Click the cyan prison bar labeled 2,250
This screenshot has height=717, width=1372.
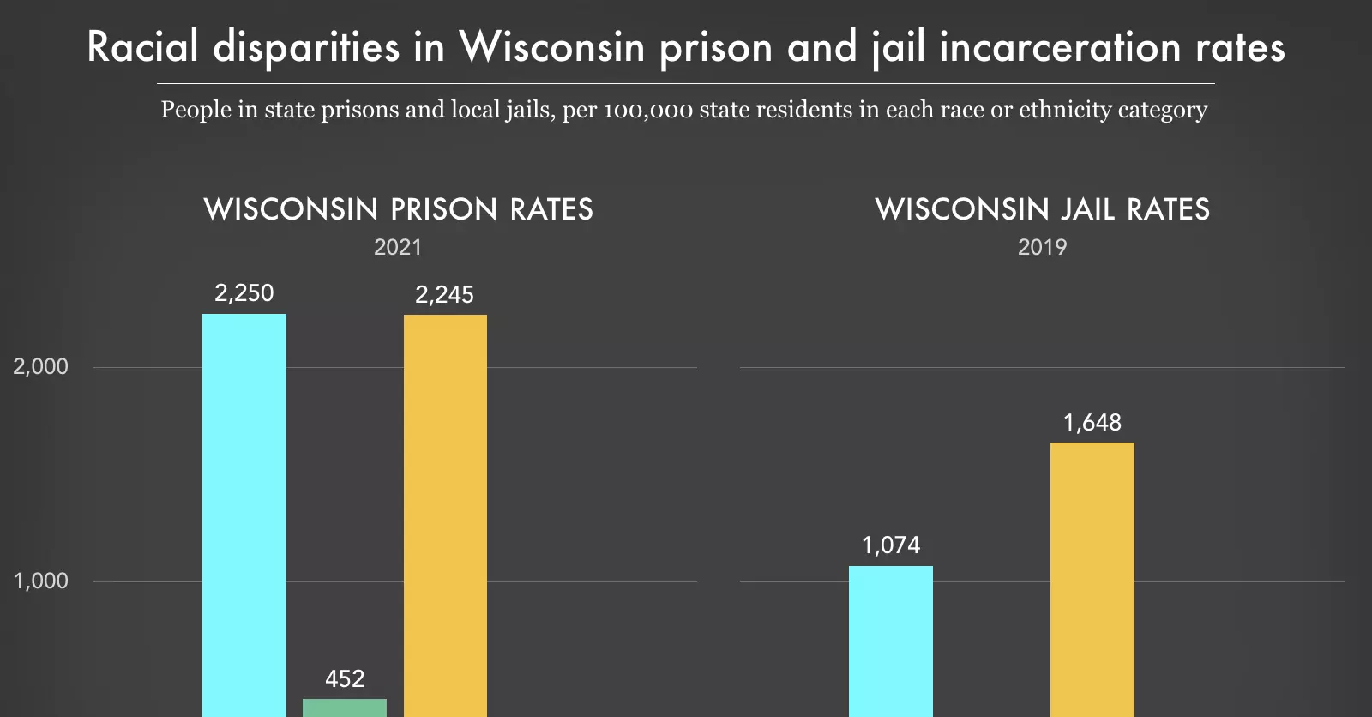(x=244, y=515)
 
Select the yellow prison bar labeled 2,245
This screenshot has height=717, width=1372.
(x=445, y=515)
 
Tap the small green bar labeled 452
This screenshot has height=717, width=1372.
(x=345, y=708)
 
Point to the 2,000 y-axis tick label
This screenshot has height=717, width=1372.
(x=40, y=366)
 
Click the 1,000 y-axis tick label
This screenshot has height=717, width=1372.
(x=40, y=581)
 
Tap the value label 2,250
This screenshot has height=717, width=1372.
(x=244, y=293)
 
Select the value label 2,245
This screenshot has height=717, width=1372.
(x=444, y=295)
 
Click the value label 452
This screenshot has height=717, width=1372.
(x=345, y=679)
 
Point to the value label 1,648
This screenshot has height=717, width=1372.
(x=1092, y=423)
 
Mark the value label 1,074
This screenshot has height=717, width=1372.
(x=891, y=545)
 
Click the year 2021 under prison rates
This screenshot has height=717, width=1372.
(x=398, y=248)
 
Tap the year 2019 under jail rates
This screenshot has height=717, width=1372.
(x=1042, y=248)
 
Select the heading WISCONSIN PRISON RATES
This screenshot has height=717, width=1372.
(x=398, y=209)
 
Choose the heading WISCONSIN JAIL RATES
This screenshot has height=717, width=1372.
(x=1042, y=209)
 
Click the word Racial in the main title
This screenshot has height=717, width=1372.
(x=142, y=47)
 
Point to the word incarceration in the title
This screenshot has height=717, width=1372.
(x=1061, y=47)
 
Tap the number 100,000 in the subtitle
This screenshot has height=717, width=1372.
(x=647, y=111)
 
